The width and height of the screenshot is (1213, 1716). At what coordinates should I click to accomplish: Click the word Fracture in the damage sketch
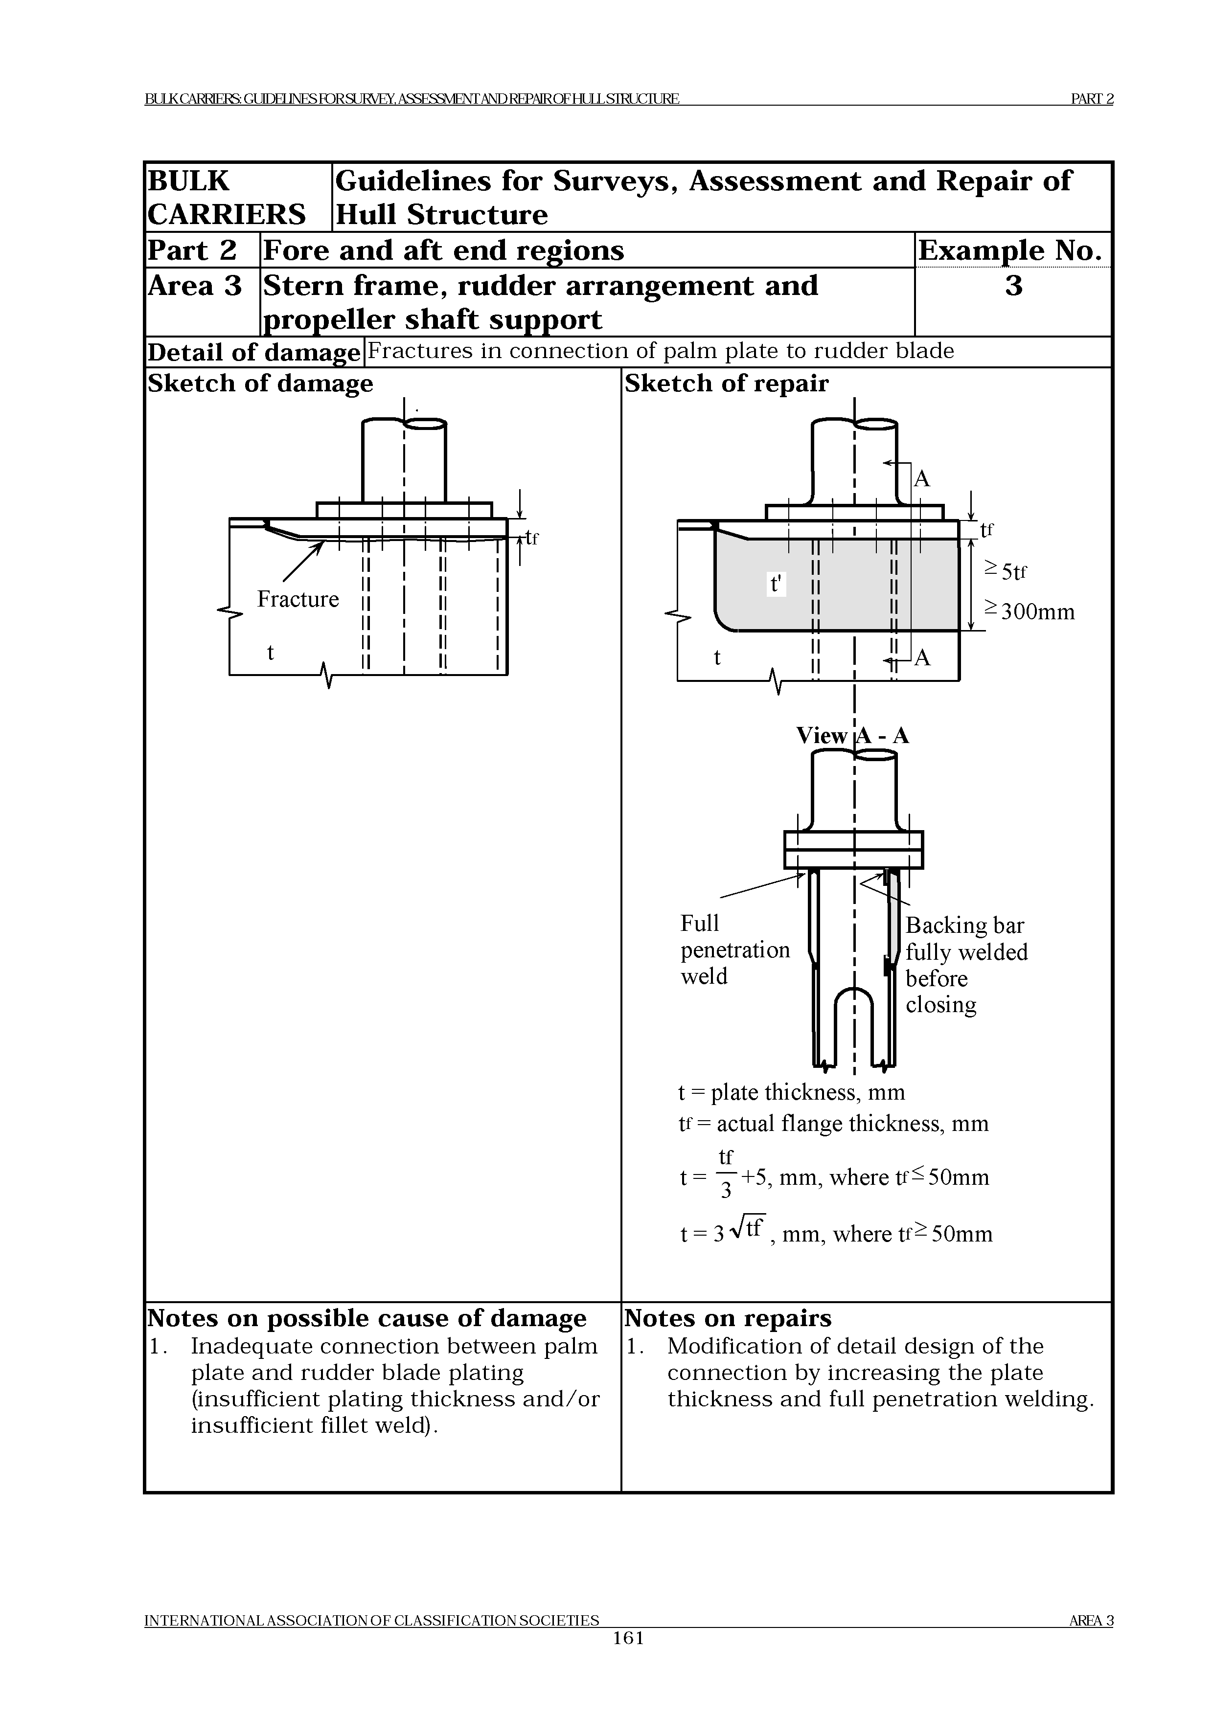[298, 599]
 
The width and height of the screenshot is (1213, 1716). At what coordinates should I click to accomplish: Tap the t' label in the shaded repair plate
[777, 583]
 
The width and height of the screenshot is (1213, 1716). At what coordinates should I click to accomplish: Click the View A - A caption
[852, 735]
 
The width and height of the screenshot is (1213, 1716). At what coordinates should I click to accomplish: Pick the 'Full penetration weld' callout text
[734, 949]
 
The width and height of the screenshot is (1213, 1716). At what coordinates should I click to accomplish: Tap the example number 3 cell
[1013, 286]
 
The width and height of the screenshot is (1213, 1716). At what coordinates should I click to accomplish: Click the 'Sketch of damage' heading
[260, 384]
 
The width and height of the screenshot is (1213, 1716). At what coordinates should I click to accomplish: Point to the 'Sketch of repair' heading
[727, 384]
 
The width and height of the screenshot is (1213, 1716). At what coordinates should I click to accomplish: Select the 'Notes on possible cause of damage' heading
[366, 1318]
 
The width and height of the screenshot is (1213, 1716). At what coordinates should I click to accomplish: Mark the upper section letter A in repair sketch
[922, 478]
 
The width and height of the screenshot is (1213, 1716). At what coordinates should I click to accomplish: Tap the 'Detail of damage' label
[253, 352]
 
